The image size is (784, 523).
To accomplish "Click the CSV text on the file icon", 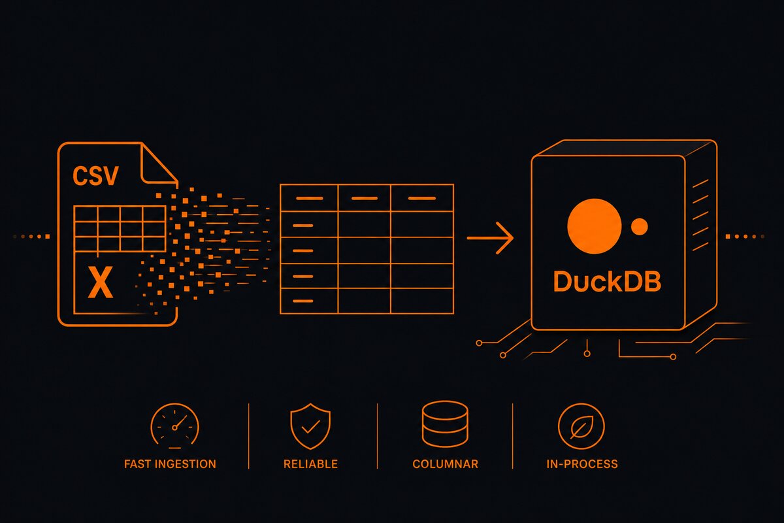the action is pyautogui.click(x=95, y=176).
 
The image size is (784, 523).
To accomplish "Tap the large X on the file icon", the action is pyautogui.click(x=101, y=282).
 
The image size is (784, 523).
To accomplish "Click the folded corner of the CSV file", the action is pyautogui.click(x=159, y=164).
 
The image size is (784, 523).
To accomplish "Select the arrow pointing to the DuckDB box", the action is pyautogui.click(x=490, y=238).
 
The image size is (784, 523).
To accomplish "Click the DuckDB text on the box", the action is pyautogui.click(x=607, y=281).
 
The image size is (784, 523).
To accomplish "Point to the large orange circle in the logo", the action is pyautogui.click(x=595, y=226).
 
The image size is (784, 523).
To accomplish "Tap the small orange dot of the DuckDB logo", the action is pyautogui.click(x=639, y=226).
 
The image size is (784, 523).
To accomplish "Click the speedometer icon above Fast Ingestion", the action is pyautogui.click(x=174, y=426).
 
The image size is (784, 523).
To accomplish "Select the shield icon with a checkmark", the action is pyautogui.click(x=310, y=426).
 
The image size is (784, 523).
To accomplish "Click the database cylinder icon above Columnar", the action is pyautogui.click(x=445, y=424).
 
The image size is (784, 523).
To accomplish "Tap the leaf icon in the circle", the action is pyautogui.click(x=581, y=426).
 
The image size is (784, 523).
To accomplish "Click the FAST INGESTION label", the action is pyautogui.click(x=170, y=464).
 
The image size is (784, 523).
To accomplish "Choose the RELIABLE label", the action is pyautogui.click(x=310, y=464).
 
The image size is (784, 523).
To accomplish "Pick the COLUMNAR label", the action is pyautogui.click(x=445, y=464).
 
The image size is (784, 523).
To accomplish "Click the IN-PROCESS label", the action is pyautogui.click(x=582, y=464).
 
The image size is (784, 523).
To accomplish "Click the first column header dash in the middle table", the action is pyautogui.click(x=310, y=198).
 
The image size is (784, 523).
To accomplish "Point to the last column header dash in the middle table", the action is pyautogui.click(x=422, y=198).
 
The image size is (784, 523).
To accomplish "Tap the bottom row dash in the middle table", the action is pyautogui.click(x=302, y=301).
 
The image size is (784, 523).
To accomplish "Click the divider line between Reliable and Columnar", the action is pyautogui.click(x=378, y=436).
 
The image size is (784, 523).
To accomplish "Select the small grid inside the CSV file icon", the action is pyautogui.click(x=120, y=229).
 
